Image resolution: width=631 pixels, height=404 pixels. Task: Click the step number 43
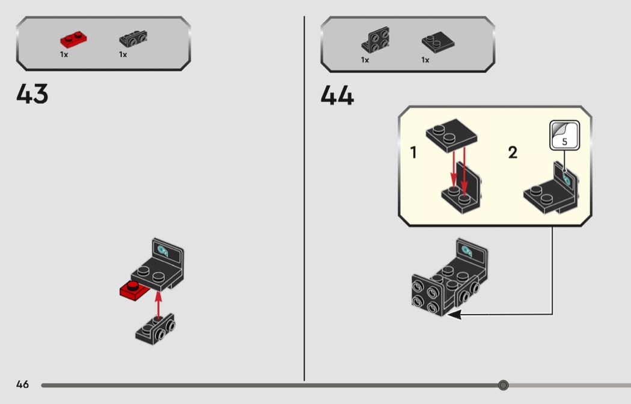pyautogui.click(x=32, y=94)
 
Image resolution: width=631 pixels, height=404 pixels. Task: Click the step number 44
pyautogui.click(x=337, y=95)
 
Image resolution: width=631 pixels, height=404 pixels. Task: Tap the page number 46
pyautogui.click(x=23, y=384)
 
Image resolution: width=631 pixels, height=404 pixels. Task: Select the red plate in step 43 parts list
pyautogui.click(x=74, y=40)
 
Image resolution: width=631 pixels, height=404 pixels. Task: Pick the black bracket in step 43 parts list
pyautogui.click(x=133, y=38)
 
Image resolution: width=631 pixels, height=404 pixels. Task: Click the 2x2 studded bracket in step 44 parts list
pyautogui.click(x=376, y=40)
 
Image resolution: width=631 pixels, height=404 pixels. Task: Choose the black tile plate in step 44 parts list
pyautogui.click(x=438, y=41)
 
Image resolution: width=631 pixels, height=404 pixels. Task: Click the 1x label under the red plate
pyautogui.click(x=64, y=54)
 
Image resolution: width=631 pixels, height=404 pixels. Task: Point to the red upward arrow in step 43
pyautogui.click(x=158, y=305)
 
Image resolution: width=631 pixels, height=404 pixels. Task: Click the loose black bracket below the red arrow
pyautogui.click(x=155, y=329)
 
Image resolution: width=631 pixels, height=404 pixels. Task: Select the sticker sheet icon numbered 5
pyautogui.click(x=565, y=135)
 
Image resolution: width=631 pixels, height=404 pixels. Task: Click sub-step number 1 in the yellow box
pyautogui.click(x=413, y=152)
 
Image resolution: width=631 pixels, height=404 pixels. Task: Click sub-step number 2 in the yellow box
pyautogui.click(x=512, y=152)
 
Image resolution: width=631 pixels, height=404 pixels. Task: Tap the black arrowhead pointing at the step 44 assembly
pyautogui.click(x=454, y=315)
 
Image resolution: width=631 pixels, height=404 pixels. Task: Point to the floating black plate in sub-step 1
pyautogui.click(x=451, y=135)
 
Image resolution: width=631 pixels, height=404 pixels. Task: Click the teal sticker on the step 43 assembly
pyautogui.click(x=163, y=251)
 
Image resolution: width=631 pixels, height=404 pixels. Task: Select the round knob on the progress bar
pyautogui.click(x=503, y=385)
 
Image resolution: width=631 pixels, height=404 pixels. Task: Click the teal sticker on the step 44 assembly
pyautogui.click(x=467, y=251)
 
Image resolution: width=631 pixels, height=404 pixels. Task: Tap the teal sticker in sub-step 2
pyautogui.click(x=567, y=179)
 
